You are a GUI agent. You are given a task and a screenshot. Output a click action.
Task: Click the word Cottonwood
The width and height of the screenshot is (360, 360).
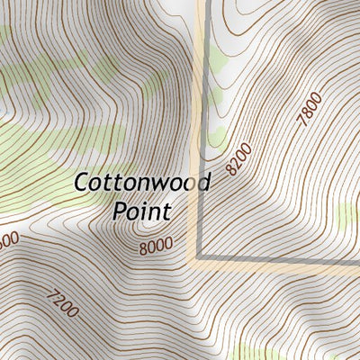pos(141,184)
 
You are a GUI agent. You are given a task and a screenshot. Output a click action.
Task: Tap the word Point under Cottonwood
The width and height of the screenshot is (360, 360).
pos(142,213)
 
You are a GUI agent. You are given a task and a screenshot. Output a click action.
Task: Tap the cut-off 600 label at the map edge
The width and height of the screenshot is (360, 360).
pos(8,241)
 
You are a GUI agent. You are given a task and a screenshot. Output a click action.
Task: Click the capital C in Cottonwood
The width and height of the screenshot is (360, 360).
pos(81,184)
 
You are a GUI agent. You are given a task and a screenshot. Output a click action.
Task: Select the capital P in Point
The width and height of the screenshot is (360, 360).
pos(121,213)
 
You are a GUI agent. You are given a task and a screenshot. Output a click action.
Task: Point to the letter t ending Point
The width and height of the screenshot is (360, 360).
pos(166,213)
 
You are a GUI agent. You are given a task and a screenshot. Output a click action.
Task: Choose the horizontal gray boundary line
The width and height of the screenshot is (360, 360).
pos(279,262)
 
